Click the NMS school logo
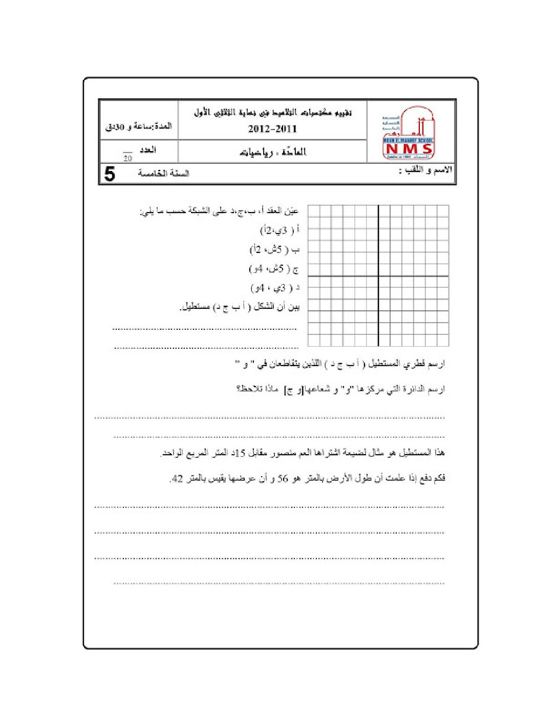click(408, 133)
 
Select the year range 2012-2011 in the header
click(272, 129)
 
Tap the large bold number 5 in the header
click(110, 174)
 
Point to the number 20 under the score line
click(127, 159)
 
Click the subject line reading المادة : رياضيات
click(273, 152)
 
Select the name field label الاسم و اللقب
click(426, 170)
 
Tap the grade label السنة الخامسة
click(163, 173)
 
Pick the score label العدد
click(147, 150)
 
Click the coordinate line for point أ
click(280, 230)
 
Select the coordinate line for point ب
click(275, 250)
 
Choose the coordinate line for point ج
click(274, 269)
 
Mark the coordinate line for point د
click(275, 288)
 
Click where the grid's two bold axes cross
click(378, 277)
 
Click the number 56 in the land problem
click(283, 478)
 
